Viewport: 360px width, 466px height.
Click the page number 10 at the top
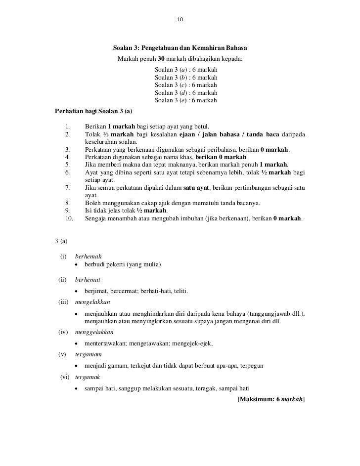[x=180, y=20]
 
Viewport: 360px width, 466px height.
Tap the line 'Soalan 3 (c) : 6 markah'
[x=186, y=85]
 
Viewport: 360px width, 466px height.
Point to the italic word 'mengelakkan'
[x=92, y=301]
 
